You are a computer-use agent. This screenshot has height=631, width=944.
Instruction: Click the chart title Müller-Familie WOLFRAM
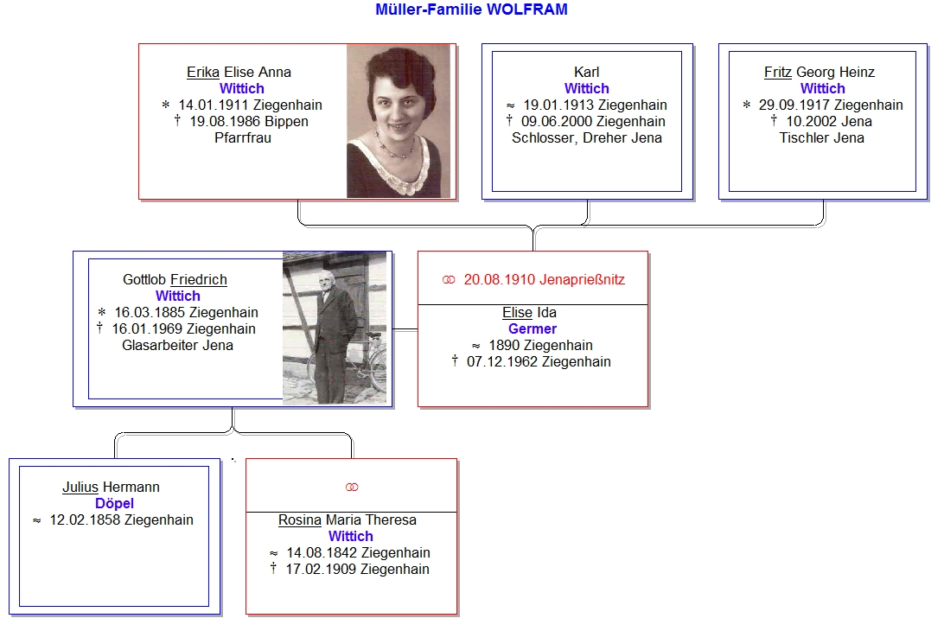pyautogui.click(x=471, y=10)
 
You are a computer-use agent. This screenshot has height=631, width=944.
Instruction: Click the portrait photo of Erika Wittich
pyautogui.click(x=399, y=121)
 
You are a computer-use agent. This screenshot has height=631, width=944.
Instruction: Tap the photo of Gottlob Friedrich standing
pyautogui.click(x=335, y=328)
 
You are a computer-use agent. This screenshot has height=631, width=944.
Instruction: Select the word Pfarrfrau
pyautogui.click(x=243, y=138)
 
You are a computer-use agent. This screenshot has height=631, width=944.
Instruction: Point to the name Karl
pyautogui.click(x=586, y=73)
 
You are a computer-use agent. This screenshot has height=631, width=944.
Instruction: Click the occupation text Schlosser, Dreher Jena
pyautogui.click(x=587, y=138)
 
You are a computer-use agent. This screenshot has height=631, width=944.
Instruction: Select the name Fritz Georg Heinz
pyautogui.click(x=820, y=73)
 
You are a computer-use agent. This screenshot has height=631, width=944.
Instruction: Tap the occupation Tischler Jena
pyautogui.click(x=822, y=138)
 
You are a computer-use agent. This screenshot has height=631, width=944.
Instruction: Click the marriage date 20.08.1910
pyautogui.click(x=500, y=279)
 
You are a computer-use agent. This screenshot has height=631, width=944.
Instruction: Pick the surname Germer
pyautogui.click(x=533, y=328)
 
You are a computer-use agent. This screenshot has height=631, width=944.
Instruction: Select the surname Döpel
pyautogui.click(x=114, y=503)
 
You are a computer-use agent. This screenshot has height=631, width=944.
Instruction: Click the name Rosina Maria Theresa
pyautogui.click(x=348, y=519)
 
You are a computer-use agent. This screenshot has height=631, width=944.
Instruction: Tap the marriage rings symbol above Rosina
pyautogui.click(x=352, y=487)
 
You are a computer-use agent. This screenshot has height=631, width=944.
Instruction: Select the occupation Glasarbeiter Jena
pyautogui.click(x=177, y=346)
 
